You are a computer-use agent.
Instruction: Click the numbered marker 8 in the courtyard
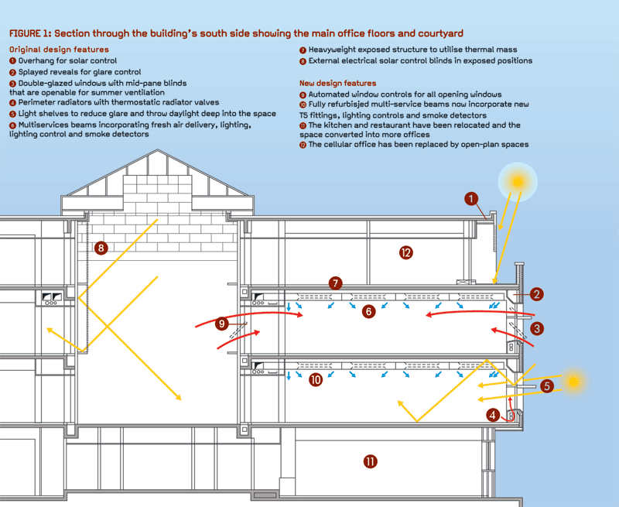click(99, 248)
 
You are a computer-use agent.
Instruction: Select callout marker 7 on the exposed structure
click(335, 283)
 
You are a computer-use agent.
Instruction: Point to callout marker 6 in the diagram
click(369, 311)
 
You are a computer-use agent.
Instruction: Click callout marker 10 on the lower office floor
click(316, 380)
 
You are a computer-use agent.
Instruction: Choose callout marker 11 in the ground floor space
click(370, 462)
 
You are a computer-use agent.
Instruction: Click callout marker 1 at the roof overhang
click(470, 199)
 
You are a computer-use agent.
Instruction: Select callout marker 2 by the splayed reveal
click(537, 294)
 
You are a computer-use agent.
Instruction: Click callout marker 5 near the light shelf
click(547, 385)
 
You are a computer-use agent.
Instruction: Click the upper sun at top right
click(518, 182)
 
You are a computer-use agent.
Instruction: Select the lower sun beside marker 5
click(573, 382)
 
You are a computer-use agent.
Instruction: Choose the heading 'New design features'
click(338, 83)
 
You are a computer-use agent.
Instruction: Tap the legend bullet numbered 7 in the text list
click(303, 50)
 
